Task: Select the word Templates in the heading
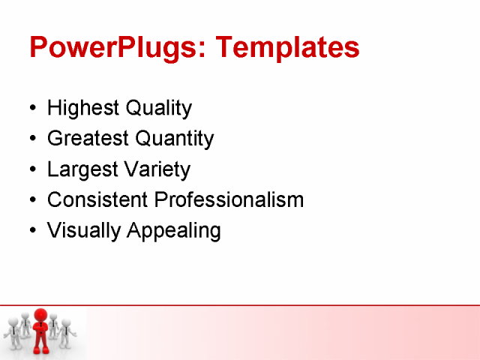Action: pyautogui.click(x=287, y=48)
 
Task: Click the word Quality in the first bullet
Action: pyautogui.click(x=158, y=109)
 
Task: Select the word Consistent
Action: pyautogui.click(x=97, y=200)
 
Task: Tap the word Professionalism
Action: pyautogui.click(x=229, y=200)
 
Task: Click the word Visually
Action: pyautogui.click(x=84, y=231)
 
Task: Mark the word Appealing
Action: pyautogui.click(x=174, y=231)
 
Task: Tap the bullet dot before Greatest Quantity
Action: pyautogui.click(x=31, y=139)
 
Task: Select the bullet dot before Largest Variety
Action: pyautogui.click(x=31, y=170)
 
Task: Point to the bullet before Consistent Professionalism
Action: pyautogui.click(x=31, y=201)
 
